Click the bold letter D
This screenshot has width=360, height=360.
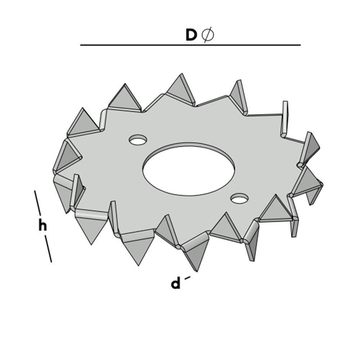[x=191, y=35]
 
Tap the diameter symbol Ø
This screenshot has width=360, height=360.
[x=208, y=35]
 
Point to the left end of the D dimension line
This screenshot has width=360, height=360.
[x=81, y=45]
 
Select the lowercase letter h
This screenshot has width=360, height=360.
[x=42, y=226]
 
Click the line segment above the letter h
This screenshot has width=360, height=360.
[x=38, y=203]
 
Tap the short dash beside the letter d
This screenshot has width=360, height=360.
[x=187, y=277]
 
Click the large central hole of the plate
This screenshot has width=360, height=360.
[x=188, y=169]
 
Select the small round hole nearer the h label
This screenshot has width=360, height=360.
[x=138, y=140]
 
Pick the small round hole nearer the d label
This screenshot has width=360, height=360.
[x=239, y=198]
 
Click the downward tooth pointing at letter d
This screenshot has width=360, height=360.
[x=194, y=257]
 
